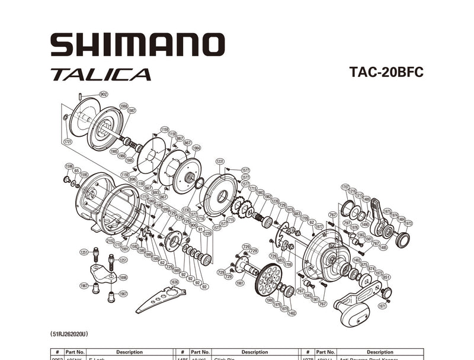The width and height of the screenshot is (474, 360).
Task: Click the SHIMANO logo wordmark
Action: [137, 45]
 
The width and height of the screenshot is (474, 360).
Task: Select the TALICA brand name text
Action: [101, 75]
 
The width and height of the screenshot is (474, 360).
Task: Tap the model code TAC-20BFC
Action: [386, 72]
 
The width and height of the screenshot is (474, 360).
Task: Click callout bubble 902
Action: [103, 94]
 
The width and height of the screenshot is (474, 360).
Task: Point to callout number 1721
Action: [68, 142]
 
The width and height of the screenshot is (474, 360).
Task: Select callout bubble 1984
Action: [196, 148]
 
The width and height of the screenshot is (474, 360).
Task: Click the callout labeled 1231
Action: [220, 161]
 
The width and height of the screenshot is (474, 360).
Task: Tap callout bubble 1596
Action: [69, 166]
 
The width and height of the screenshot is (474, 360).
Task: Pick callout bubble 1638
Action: [174, 281]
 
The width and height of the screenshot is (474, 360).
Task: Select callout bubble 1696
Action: [123, 277]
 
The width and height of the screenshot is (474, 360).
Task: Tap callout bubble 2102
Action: [110, 240]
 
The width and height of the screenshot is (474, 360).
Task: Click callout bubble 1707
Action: [345, 187]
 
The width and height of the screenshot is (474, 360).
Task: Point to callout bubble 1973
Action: [408, 223]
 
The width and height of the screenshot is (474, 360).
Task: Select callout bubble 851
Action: [386, 277]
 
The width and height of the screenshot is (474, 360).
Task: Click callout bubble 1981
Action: [240, 283]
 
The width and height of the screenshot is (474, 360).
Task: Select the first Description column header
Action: [129, 352]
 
